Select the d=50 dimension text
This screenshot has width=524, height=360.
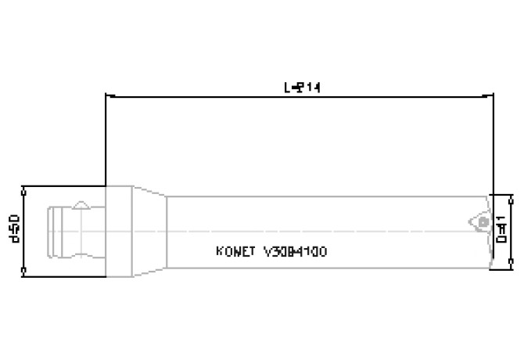[14, 230]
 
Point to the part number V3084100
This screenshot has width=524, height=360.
[296, 252]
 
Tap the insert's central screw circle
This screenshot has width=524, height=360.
[483, 222]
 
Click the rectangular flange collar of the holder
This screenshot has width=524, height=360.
[120, 231]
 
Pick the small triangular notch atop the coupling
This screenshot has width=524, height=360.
[80, 206]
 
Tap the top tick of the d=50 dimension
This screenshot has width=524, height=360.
[25, 188]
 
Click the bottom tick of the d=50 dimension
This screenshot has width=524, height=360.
[25, 273]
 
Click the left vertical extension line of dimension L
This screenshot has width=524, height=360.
[106, 141]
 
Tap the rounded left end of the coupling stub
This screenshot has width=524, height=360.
[50, 231]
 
